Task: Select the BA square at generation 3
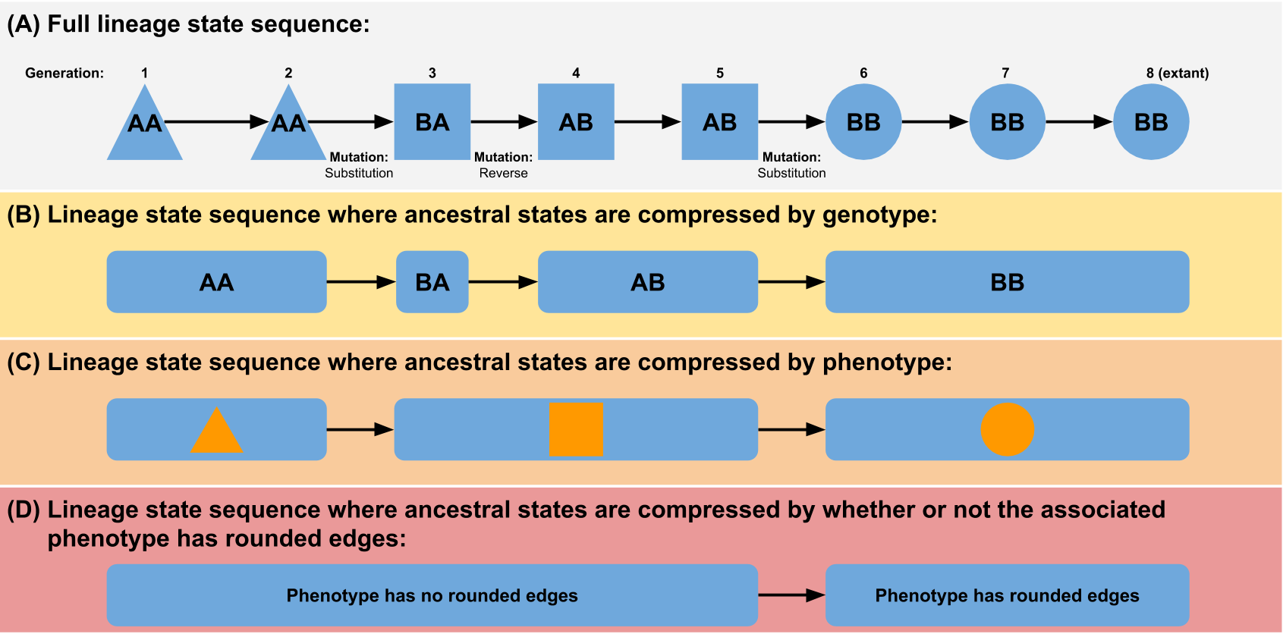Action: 432,121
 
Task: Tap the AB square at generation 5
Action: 719,121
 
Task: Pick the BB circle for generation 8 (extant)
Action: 1150,121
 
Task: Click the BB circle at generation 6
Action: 863,121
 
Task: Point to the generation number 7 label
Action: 1005,73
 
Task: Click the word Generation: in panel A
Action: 64,73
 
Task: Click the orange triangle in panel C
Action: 216,433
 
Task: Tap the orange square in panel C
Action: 576,429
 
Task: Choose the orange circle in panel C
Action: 1007,429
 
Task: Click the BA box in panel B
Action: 432,282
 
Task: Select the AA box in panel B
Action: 216,282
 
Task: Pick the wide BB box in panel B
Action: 1007,282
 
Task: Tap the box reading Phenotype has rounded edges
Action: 1007,595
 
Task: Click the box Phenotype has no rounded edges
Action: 432,595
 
